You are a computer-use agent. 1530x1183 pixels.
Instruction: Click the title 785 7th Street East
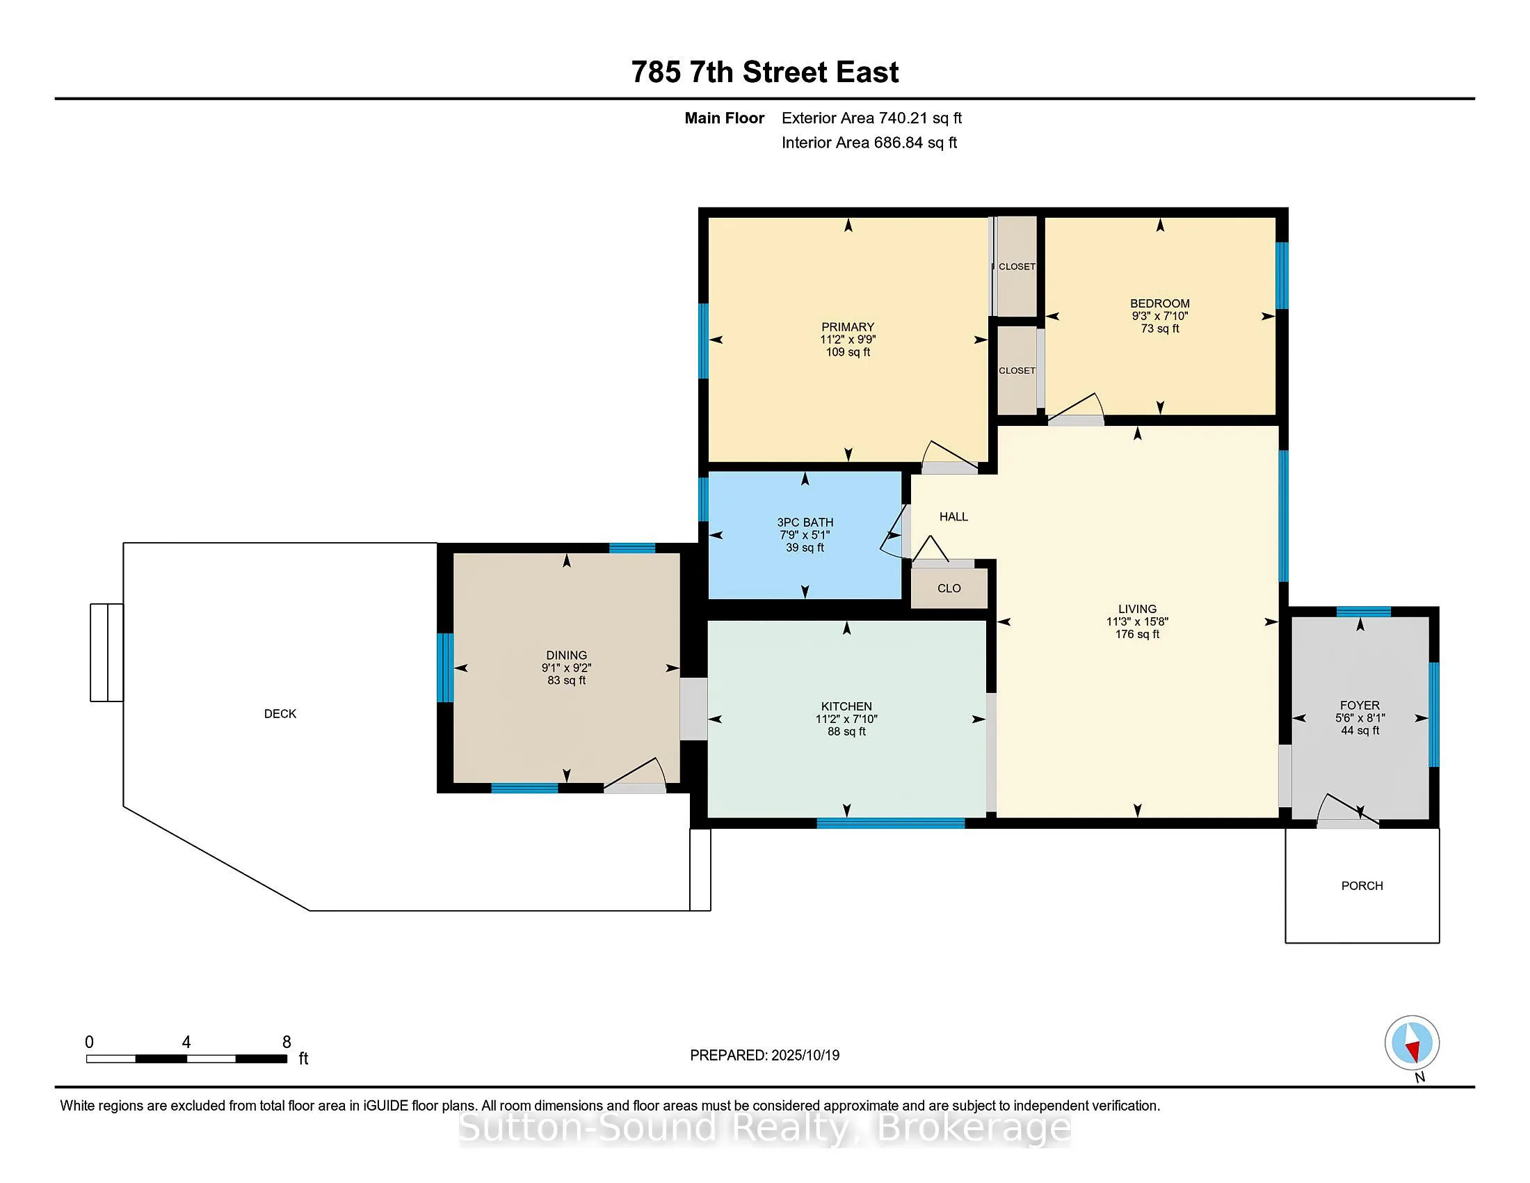[x=765, y=72]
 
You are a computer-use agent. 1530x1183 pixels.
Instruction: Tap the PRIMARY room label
[x=848, y=327]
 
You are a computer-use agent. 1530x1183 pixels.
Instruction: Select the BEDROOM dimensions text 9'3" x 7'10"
[x=1159, y=316]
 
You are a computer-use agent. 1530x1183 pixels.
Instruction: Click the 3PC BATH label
[x=805, y=522]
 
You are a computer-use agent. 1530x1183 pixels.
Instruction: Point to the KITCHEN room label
[x=846, y=706]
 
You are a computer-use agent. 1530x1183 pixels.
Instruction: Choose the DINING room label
[x=567, y=656]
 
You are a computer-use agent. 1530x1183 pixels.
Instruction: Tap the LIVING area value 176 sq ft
[x=1137, y=634]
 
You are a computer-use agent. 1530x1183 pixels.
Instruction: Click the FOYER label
[x=1360, y=706]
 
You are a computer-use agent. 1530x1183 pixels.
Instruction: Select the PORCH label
[x=1362, y=886]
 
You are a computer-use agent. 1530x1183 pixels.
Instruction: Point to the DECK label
[x=280, y=713]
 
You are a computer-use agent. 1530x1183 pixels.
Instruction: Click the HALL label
[x=953, y=516]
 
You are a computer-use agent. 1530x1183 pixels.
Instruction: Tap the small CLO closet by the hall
[x=949, y=588]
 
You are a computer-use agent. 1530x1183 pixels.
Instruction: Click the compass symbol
[x=1412, y=1042]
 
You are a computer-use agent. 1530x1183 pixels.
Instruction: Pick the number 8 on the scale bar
[x=287, y=1042]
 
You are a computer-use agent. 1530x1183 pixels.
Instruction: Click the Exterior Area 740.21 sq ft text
[x=871, y=118]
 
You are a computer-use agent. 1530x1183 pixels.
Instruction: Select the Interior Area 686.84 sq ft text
[x=869, y=143]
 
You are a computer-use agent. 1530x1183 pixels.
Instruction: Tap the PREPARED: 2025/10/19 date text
[x=764, y=1056]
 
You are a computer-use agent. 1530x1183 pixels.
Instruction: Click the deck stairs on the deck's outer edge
[x=106, y=653]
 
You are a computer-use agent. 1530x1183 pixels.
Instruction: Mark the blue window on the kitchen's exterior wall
[x=890, y=823]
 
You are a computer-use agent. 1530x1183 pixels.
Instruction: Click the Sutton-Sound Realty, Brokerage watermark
[x=764, y=1128]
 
